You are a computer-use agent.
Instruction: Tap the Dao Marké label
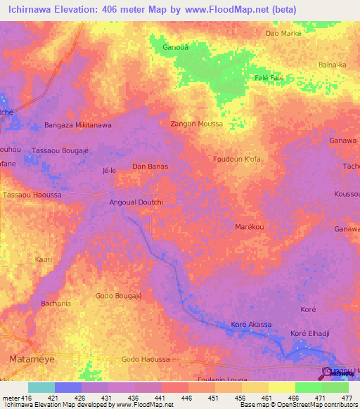(282, 33)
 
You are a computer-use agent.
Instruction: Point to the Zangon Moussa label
(197, 124)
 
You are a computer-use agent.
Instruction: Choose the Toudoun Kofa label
(237, 159)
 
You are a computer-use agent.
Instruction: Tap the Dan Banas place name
(148, 167)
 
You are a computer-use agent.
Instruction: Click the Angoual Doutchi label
(136, 202)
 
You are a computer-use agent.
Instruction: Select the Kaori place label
(44, 259)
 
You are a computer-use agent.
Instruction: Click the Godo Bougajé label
(119, 296)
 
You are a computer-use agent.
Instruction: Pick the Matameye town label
(29, 359)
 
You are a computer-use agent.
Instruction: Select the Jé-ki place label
(109, 170)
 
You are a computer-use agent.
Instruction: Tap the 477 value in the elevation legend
(347, 398)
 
